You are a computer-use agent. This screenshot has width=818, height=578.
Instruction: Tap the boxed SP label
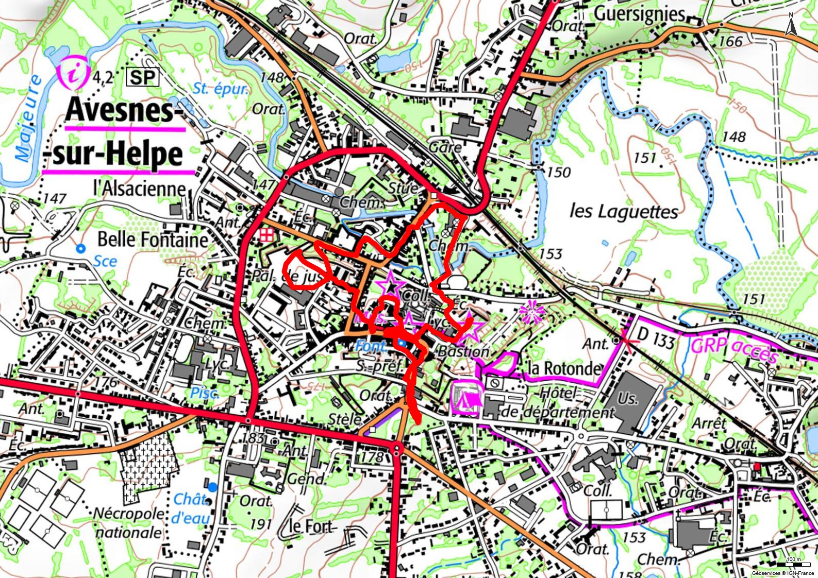[142, 78]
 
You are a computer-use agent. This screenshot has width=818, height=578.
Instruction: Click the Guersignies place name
[640, 14]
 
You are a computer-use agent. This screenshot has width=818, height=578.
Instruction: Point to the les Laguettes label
[624, 211]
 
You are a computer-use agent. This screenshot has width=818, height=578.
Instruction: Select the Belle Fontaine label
[153, 240]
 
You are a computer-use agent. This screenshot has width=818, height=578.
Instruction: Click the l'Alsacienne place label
[139, 188]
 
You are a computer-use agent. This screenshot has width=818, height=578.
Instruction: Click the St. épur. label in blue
[221, 89]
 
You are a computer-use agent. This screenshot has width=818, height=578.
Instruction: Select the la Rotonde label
[564, 368]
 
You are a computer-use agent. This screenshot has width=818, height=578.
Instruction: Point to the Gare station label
[445, 148]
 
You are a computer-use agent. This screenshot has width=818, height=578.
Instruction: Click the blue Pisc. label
[205, 393]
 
